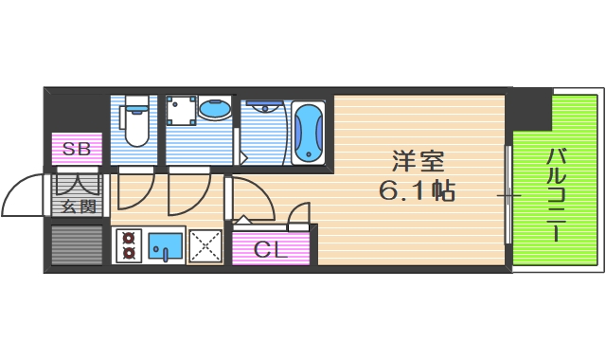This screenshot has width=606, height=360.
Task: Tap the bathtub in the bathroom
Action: [x=309, y=133]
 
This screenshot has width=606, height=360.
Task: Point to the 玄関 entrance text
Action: [x=80, y=206]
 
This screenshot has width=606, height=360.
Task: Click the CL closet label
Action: [x=272, y=250]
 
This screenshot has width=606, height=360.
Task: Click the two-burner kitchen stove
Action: [x=129, y=246]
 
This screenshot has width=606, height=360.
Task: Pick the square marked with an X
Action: [x=205, y=246]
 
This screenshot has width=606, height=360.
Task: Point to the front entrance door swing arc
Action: [x=24, y=196]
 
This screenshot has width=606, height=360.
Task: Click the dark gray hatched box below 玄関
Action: [x=76, y=245]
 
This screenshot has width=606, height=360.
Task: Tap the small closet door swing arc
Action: [x=299, y=217]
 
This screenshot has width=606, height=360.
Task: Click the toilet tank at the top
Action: [x=138, y=101]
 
